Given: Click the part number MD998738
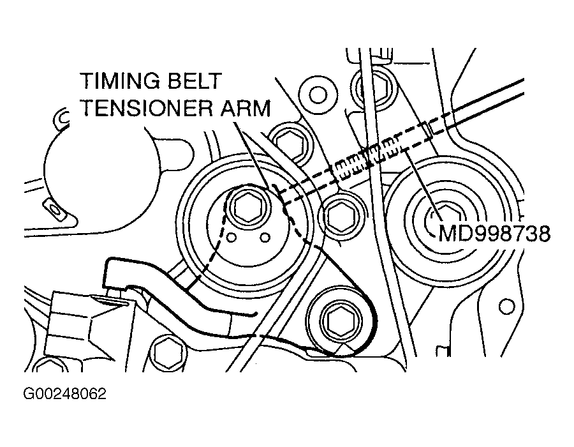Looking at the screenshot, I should tap(494, 234).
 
